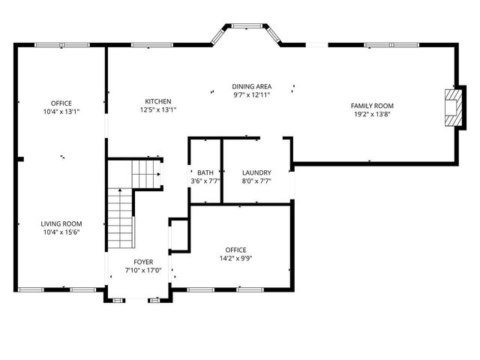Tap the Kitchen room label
[x=157, y=102]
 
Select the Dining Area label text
[x=251, y=87]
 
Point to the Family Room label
[x=373, y=106]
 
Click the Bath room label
[x=205, y=172]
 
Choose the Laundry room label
[x=256, y=172]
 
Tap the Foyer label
[x=143, y=262]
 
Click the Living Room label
[x=61, y=224]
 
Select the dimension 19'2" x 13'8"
[x=373, y=115]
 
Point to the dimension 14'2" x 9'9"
[x=235, y=259]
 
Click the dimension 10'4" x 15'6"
[x=61, y=232]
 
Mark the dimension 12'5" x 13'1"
[x=157, y=110]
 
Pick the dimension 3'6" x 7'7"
[x=205, y=181]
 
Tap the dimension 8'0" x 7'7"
[x=256, y=181]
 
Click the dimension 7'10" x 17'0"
[x=143, y=271]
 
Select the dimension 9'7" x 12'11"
[x=251, y=95]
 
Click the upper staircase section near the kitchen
[x=147, y=173]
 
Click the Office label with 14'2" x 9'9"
[x=235, y=250]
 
